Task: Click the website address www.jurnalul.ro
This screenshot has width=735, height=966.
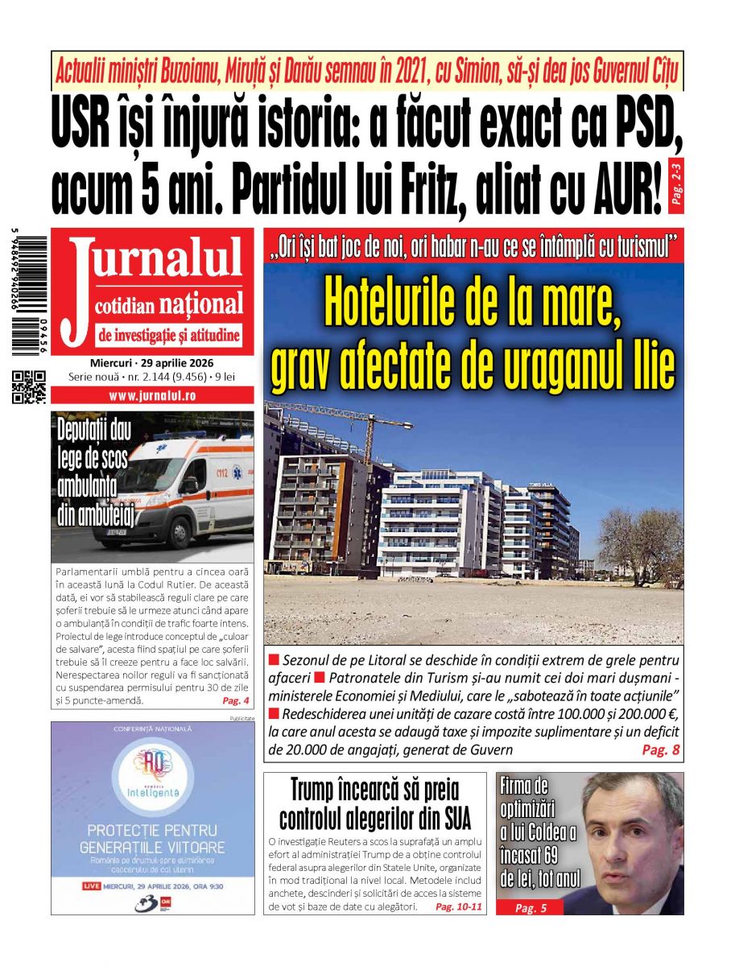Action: [152, 396]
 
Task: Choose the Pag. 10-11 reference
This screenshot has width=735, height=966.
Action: [458, 906]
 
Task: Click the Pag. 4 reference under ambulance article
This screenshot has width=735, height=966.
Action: [235, 700]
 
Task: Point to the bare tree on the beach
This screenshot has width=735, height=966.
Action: [640, 535]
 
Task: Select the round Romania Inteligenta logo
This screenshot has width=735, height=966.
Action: [152, 774]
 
